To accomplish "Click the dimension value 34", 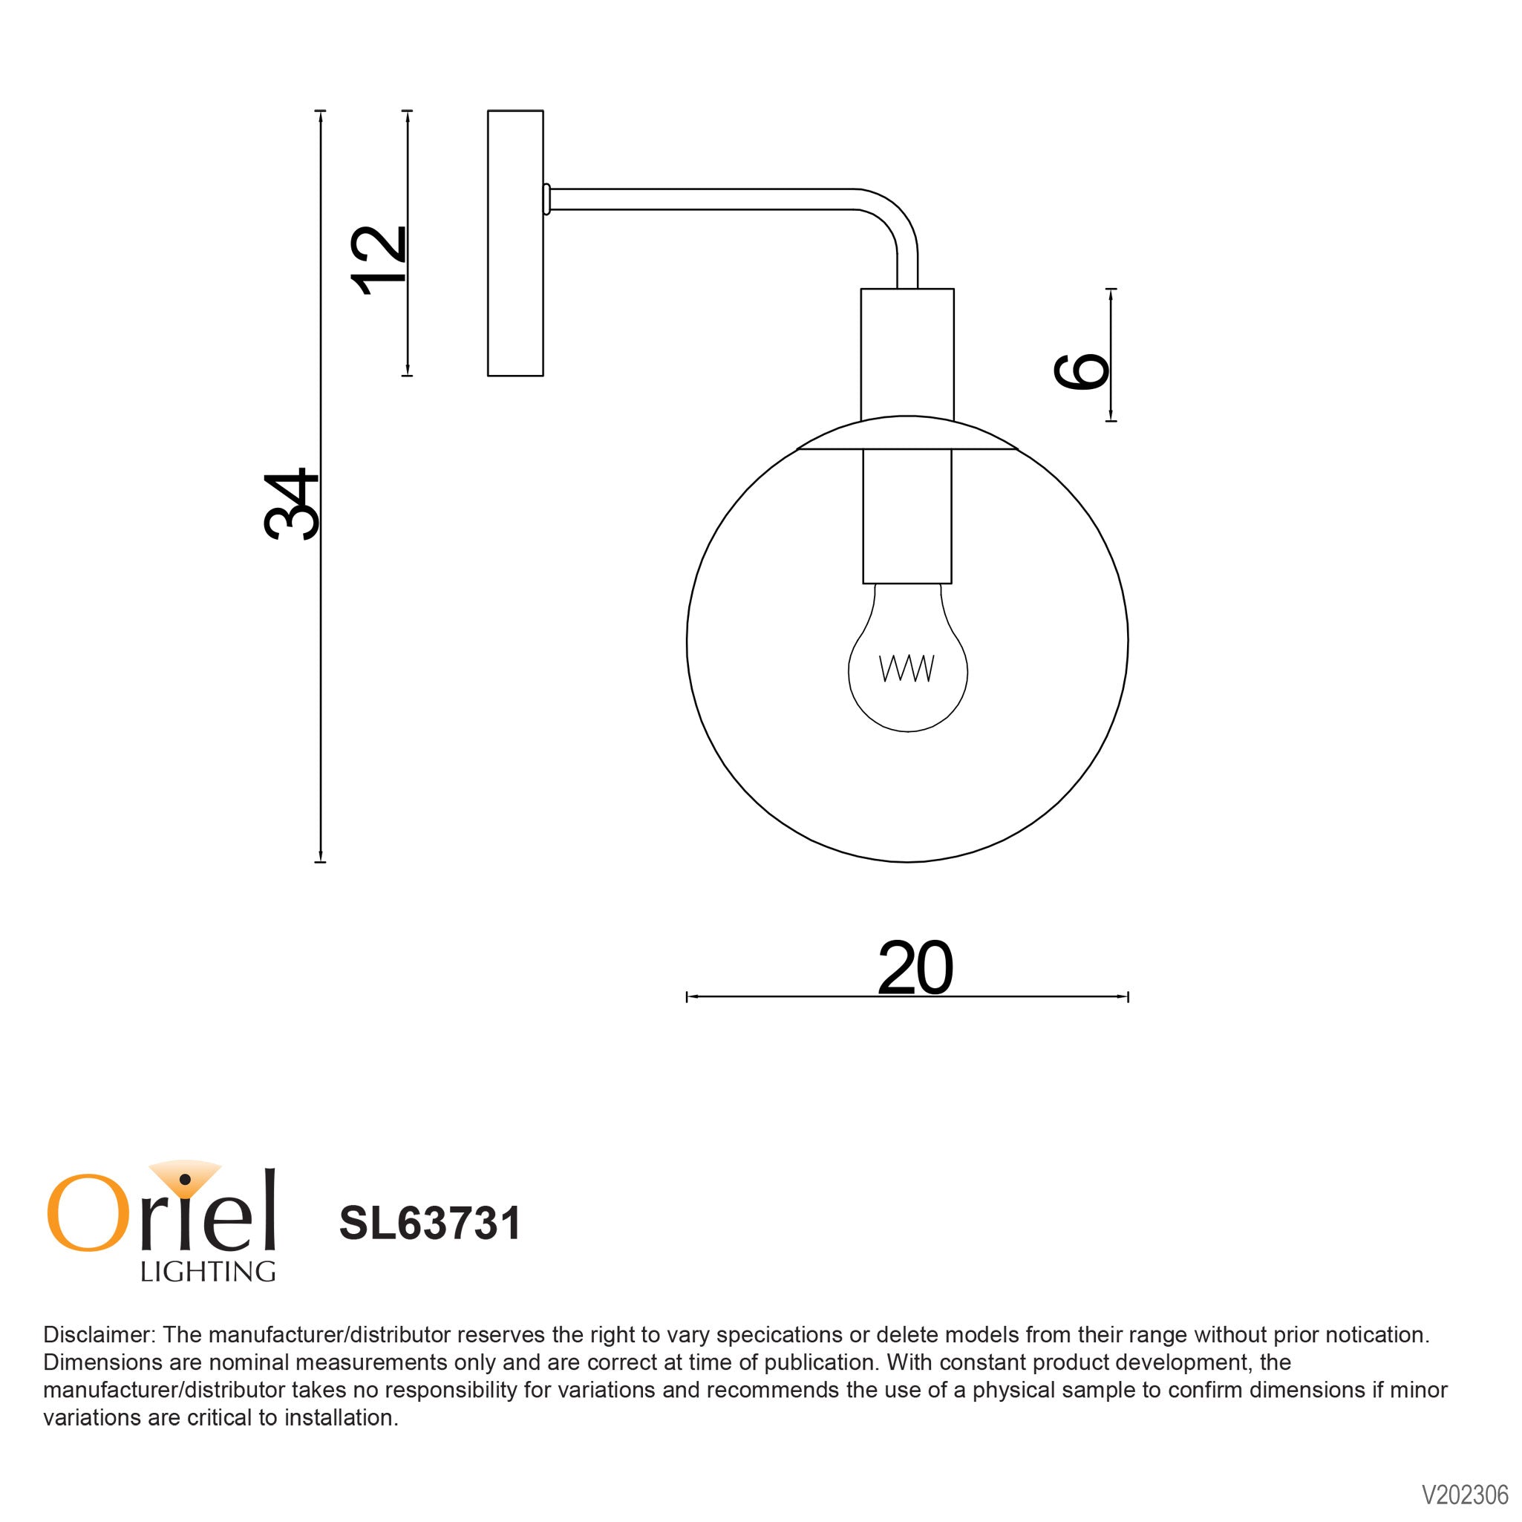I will [x=291, y=504].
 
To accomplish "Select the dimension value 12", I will [x=379, y=260].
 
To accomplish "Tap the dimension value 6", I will [x=1081, y=371].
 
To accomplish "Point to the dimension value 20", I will [x=915, y=968].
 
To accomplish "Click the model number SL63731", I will [x=430, y=1224].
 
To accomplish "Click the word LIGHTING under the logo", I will [x=208, y=1272].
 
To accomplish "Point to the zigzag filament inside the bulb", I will [x=907, y=668].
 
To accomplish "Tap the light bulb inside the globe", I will [x=907, y=678].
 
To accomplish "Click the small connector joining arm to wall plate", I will [x=546, y=199].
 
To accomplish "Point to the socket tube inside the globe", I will [x=907, y=515].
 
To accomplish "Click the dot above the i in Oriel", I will [x=185, y=1179].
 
